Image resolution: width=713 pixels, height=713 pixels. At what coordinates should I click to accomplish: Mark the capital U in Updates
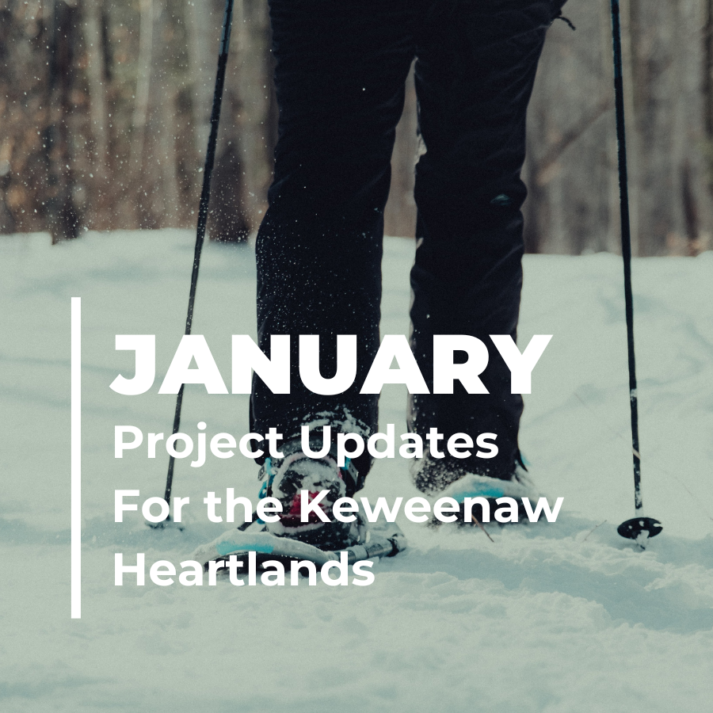pos(317,444)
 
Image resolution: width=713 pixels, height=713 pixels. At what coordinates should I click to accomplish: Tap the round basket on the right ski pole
pos(639,527)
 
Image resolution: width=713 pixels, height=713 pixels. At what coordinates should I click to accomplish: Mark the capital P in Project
pos(127,444)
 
